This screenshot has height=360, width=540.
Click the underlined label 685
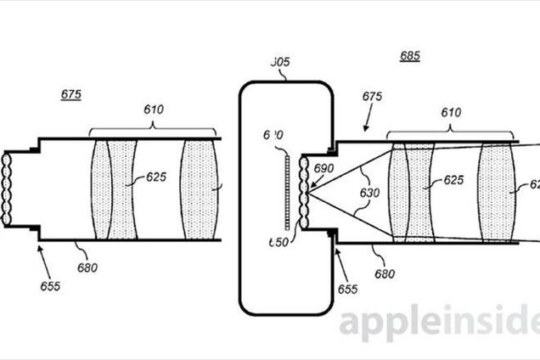tap(409, 58)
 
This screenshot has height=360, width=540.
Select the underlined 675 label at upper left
tap(71, 95)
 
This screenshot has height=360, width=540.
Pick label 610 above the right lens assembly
tap(452, 112)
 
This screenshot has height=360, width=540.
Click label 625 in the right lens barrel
tap(452, 181)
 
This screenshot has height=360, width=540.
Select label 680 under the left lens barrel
tap(87, 267)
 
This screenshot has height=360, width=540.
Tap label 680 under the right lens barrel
tap(384, 273)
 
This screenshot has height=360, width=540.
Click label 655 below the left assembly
tap(49, 286)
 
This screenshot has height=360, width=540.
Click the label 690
tap(323, 168)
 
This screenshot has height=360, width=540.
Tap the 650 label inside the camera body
tap(278, 242)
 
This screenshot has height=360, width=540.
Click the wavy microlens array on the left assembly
tap(7, 188)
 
